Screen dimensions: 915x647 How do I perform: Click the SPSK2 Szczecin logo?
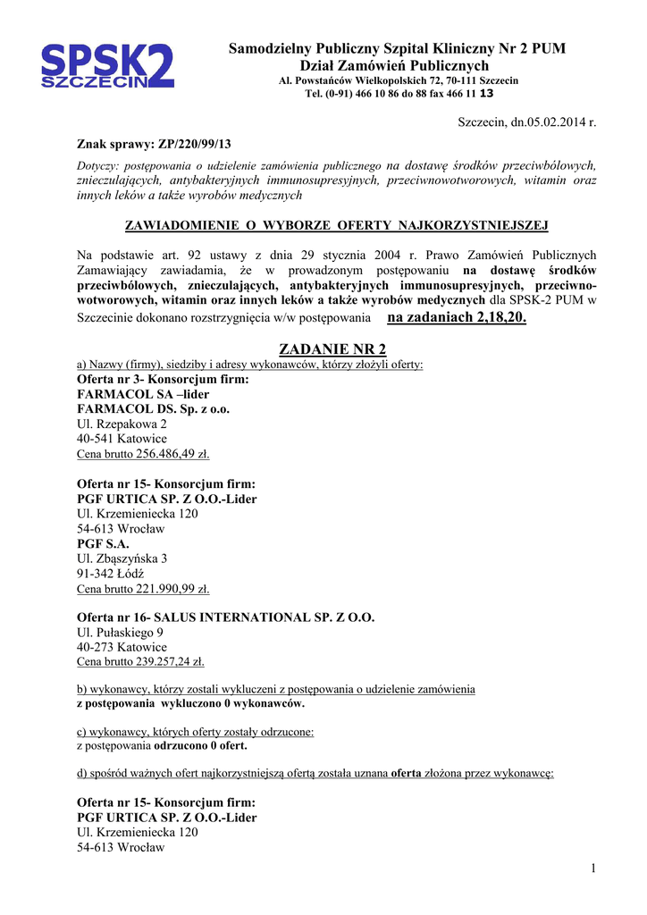coord(107,66)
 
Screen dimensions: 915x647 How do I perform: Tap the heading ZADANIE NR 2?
coord(332,348)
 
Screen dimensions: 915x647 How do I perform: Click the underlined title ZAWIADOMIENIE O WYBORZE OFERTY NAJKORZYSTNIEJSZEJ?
coord(335,224)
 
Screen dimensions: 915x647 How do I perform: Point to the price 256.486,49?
coord(172,454)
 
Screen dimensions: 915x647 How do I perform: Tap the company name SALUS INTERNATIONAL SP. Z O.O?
coord(265,617)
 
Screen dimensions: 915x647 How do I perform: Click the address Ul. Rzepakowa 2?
coord(122,424)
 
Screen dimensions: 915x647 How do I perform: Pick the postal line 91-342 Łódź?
coord(111,574)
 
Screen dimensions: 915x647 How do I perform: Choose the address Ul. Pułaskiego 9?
coord(120,633)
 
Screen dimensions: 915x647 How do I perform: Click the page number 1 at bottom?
coord(592,869)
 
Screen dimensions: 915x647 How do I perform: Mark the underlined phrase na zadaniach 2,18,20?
coord(457,318)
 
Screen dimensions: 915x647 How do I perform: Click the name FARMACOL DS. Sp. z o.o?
coord(154,408)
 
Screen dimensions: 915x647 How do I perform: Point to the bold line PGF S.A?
coord(104,543)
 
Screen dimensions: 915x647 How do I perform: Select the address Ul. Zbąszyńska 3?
coord(122,558)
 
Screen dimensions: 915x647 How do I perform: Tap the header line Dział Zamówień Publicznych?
coord(394,66)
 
